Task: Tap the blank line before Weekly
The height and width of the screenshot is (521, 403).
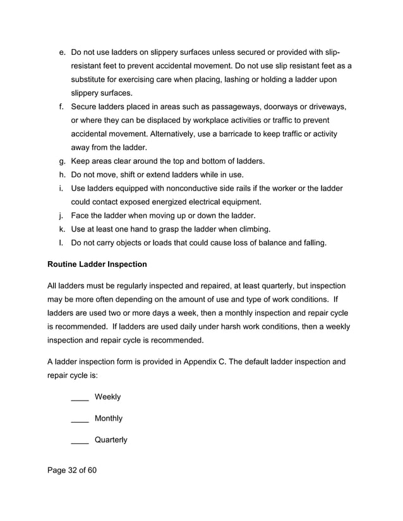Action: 80,397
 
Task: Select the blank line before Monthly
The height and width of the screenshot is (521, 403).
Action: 80,419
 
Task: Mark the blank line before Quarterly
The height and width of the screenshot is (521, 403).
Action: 80,440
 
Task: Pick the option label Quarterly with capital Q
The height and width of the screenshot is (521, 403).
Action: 111,440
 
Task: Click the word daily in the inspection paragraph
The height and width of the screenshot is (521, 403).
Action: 196,327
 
